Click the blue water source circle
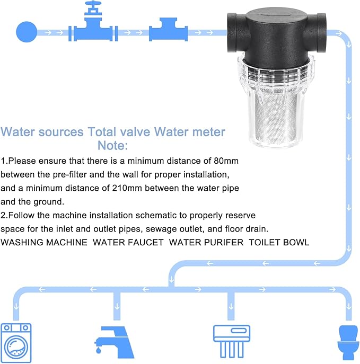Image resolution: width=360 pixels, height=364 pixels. [27, 32]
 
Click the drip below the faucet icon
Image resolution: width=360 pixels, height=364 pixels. [99, 350]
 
